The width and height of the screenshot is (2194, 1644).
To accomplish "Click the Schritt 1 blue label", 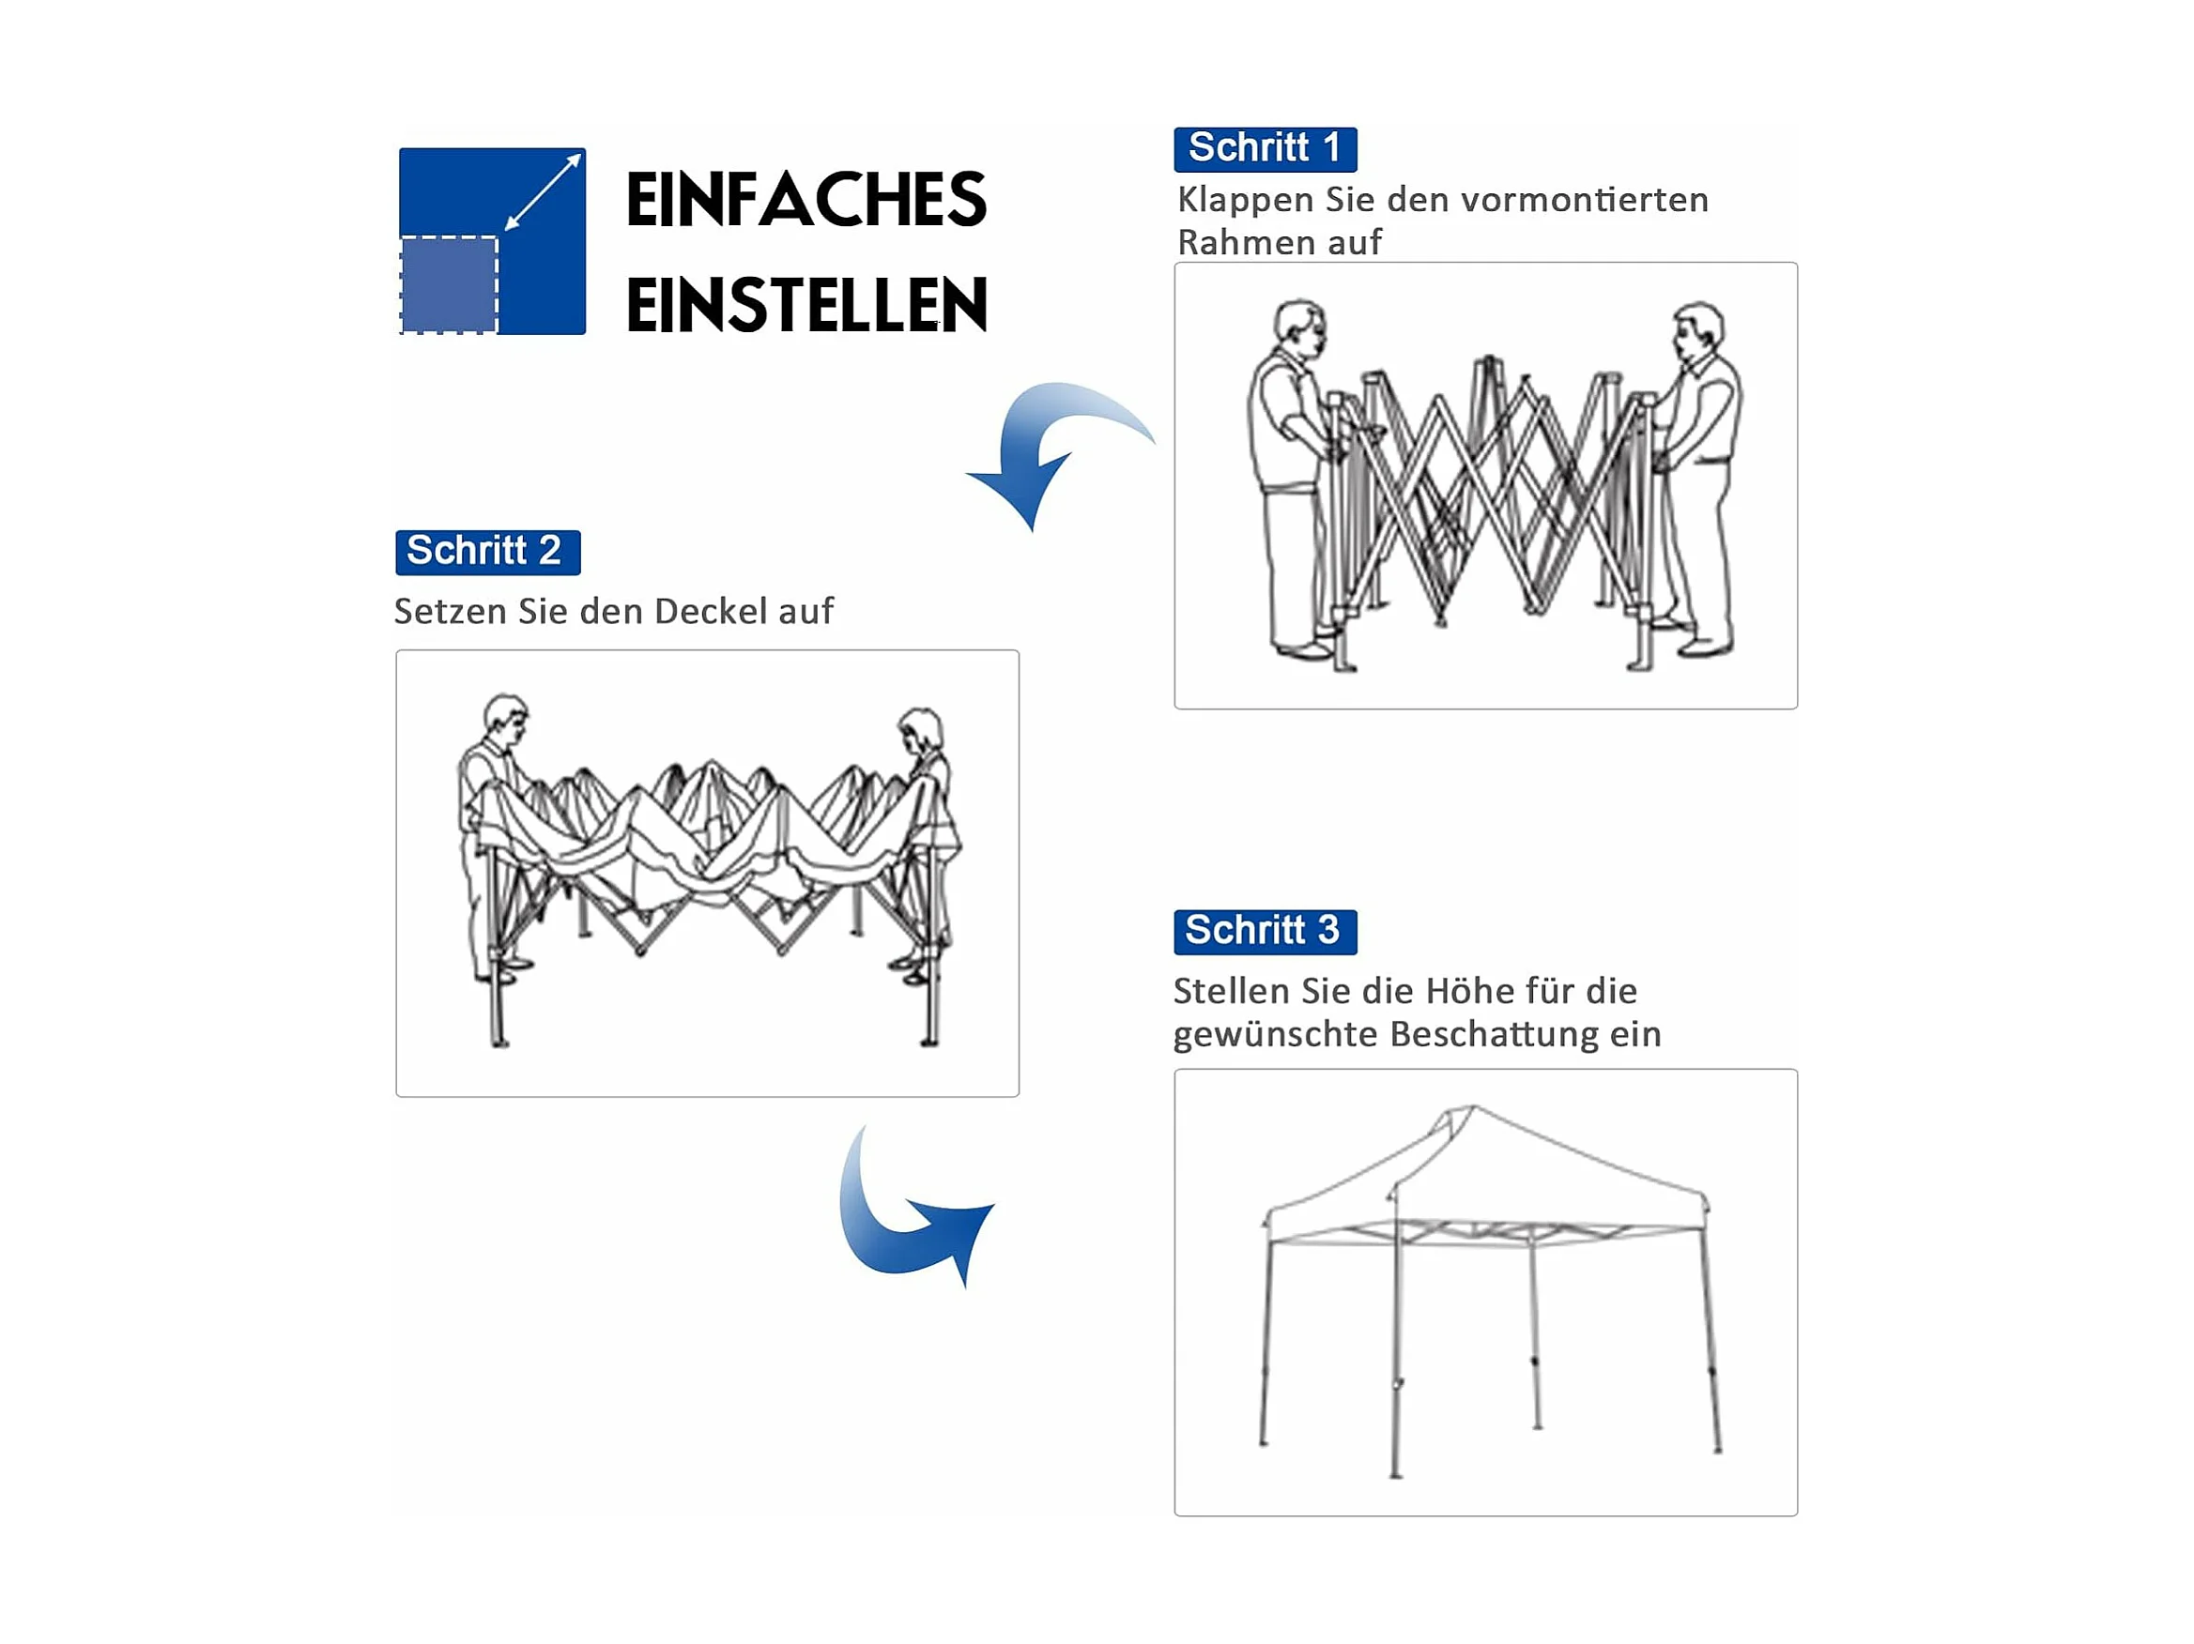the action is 1265,149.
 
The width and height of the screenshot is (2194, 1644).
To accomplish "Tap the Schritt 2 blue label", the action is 487,553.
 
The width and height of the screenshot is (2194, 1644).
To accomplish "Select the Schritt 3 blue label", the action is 1265,932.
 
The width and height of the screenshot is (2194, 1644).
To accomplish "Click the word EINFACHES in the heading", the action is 806,199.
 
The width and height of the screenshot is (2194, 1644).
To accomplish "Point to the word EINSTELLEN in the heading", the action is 806,304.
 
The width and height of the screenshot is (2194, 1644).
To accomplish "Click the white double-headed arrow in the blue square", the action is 543,192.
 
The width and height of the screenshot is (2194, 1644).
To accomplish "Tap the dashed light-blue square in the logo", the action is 449,284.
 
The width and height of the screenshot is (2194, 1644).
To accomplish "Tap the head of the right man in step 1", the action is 1698,331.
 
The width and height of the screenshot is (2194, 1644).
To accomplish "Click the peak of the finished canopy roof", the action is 1473,1106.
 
